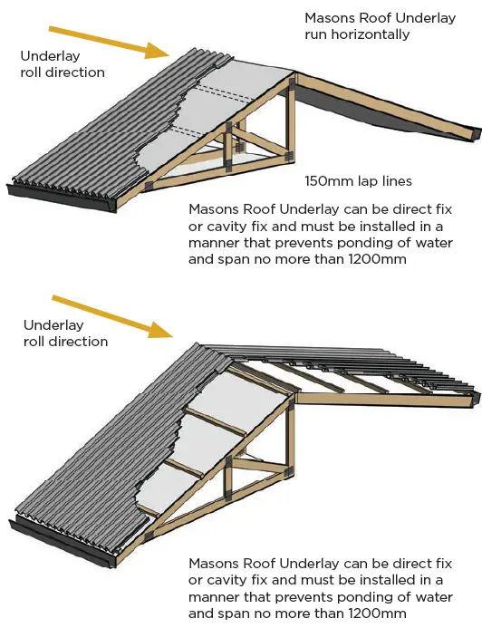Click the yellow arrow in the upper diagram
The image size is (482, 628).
pyautogui.click(x=100, y=42)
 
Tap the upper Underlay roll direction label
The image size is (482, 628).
pyautogui.click(x=62, y=63)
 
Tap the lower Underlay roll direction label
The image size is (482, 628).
pyautogui.click(x=65, y=333)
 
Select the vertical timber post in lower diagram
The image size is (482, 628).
pyautogui.click(x=290, y=444)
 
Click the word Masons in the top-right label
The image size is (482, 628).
pyautogui.click(x=327, y=17)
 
